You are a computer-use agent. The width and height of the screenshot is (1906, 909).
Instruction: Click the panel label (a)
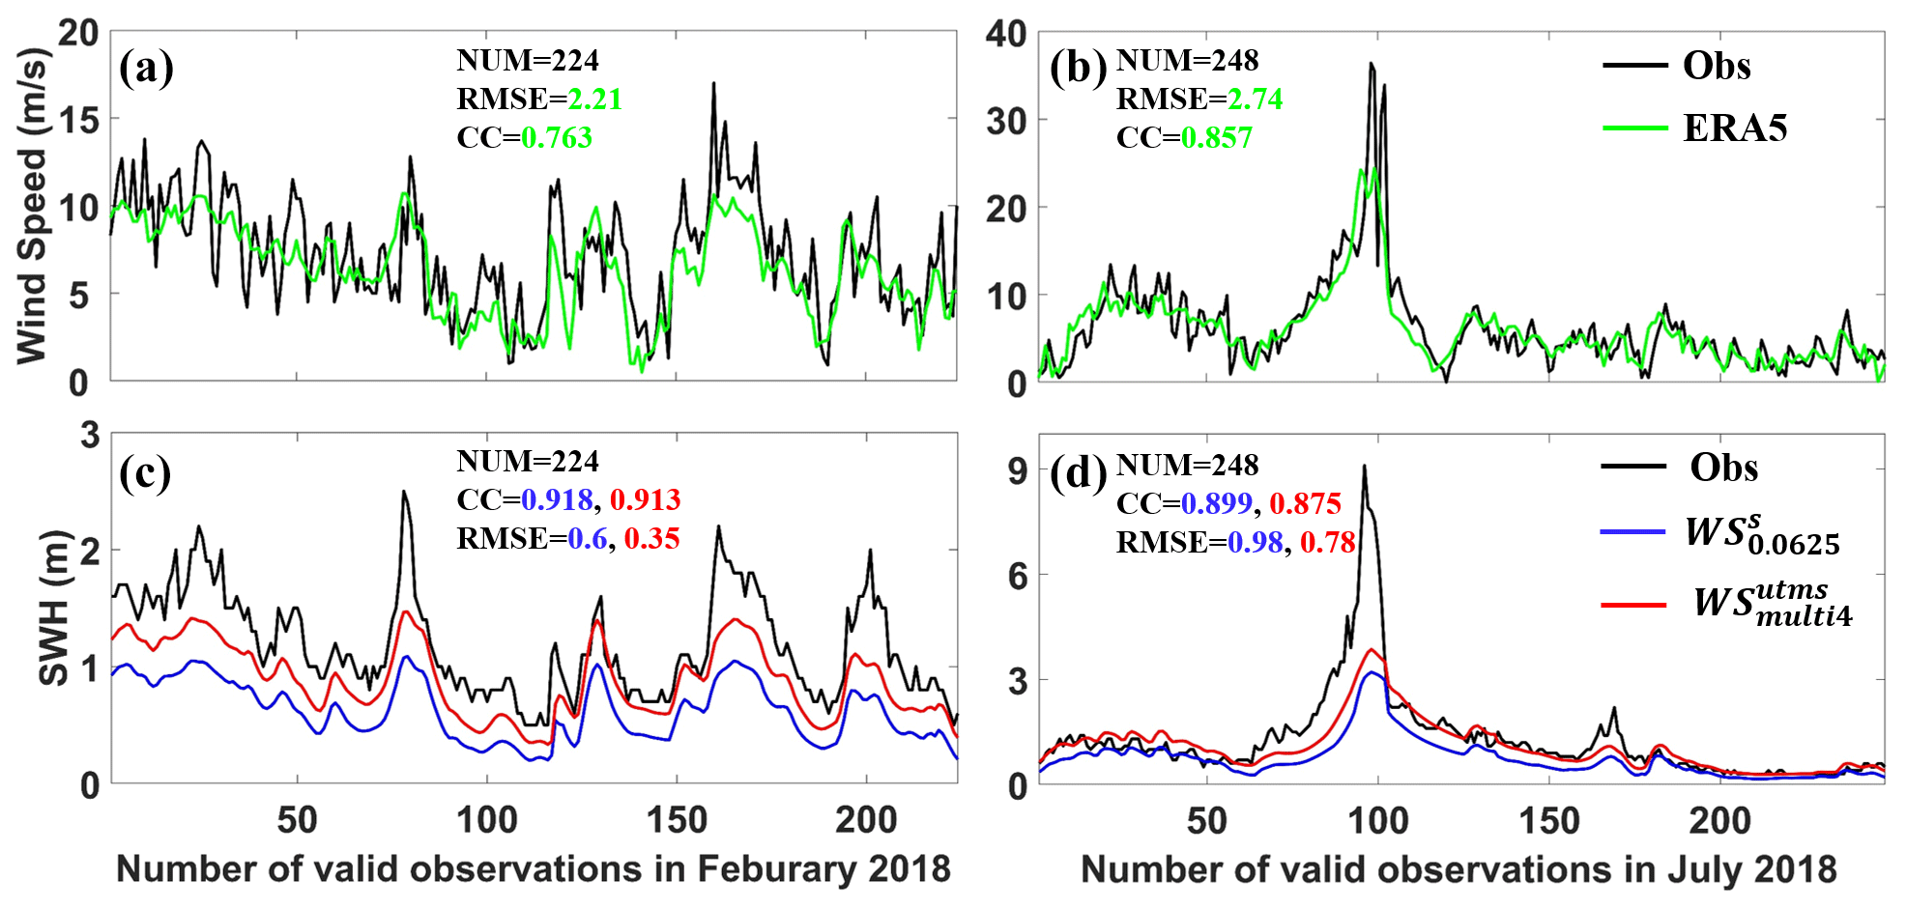[x=146, y=70]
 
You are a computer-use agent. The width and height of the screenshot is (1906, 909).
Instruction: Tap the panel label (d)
[x=1077, y=472]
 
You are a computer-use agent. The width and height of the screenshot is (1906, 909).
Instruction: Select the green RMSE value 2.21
[x=594, y=99]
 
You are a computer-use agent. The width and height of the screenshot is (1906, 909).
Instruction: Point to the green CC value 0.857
[x=1216, y=138]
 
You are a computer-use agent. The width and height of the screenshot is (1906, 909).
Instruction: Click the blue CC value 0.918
[x=557, y=499]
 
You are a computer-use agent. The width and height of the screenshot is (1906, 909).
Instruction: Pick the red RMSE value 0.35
[x=651, y=538]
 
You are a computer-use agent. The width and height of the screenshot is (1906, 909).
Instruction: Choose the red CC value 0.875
[x=1305, y=503]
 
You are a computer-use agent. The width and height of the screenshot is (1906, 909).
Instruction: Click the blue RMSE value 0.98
[x=1255, y=542]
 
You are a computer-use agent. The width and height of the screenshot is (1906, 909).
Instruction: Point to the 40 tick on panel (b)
[x=1005, y=35]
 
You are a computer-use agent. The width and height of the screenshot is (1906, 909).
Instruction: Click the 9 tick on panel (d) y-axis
[x=1017, y=471]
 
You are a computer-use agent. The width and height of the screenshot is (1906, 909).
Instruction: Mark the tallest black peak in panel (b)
[x=1371, y=65]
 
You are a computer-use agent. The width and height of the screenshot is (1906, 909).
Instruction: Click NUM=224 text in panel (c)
[x=528, y=461]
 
